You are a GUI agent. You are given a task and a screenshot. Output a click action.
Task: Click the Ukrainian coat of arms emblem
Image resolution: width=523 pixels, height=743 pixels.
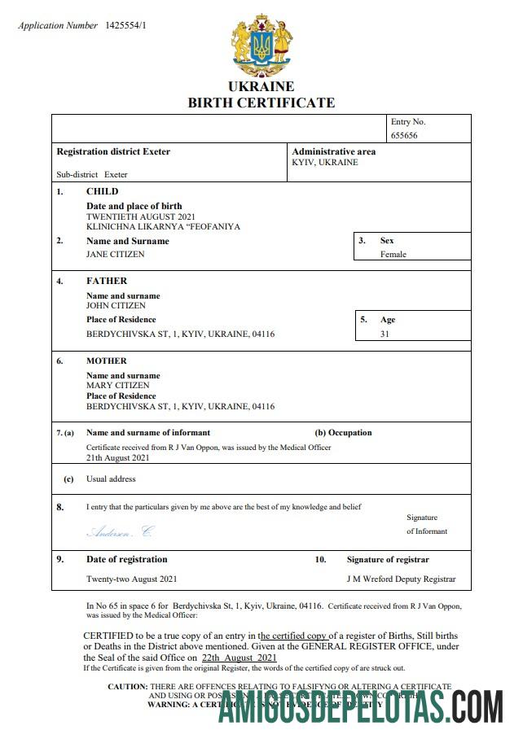261,42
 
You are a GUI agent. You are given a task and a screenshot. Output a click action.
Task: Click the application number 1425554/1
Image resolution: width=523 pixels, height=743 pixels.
126,26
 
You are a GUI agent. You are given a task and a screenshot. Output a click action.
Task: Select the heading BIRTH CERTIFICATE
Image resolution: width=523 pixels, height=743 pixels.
261,103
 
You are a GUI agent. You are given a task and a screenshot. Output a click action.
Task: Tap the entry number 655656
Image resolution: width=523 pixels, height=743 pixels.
404,135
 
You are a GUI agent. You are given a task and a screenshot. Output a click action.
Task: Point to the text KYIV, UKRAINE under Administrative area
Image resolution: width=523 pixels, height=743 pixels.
325,162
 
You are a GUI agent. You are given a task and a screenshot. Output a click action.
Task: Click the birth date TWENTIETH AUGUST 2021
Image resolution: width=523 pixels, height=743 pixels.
141,216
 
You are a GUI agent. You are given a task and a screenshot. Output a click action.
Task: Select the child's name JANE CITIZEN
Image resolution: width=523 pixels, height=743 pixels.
116,254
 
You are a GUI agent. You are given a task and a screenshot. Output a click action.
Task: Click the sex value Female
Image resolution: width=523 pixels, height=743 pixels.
393,254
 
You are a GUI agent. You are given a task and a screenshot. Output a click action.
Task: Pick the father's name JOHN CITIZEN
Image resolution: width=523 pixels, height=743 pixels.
116,305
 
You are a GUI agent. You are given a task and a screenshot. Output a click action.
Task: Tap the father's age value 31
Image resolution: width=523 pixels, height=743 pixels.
385,334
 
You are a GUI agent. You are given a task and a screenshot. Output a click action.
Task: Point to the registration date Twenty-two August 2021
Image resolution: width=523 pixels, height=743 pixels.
132,579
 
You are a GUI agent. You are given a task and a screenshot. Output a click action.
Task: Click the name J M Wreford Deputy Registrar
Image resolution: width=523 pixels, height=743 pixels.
401,579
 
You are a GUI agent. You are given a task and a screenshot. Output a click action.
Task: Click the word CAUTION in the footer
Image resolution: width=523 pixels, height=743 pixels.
127,687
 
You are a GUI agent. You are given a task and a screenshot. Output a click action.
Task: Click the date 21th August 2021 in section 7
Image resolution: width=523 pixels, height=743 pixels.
119,457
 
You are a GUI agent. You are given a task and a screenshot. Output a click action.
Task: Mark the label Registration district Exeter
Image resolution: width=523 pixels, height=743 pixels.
113,151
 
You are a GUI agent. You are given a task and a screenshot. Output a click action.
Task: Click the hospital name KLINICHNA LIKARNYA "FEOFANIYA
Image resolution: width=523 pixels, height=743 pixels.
163,226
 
